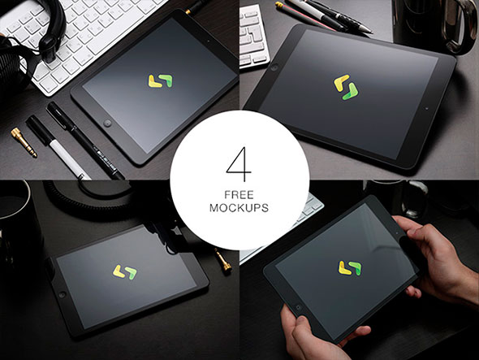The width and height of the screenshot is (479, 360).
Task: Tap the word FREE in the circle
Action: [239, 195]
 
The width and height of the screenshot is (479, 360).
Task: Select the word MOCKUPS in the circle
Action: [239, 208]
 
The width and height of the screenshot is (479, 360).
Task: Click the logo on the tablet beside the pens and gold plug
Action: [161, 81]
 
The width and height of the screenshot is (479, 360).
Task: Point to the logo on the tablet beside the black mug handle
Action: [346, 87]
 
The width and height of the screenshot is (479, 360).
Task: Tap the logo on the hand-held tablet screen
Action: [350, 268]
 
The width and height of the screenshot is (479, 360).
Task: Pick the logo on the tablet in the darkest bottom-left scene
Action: [125, 272]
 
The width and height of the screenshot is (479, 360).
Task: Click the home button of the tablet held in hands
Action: [298, 307]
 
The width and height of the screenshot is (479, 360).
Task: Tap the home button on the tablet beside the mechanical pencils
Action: [274, 67]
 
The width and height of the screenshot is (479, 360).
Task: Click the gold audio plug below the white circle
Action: [223, 260]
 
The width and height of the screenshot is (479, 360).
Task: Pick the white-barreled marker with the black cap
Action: [58, 147]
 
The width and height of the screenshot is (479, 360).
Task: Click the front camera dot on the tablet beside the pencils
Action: [427, 108]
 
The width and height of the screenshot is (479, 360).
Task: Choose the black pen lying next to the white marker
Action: [85, 141]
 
